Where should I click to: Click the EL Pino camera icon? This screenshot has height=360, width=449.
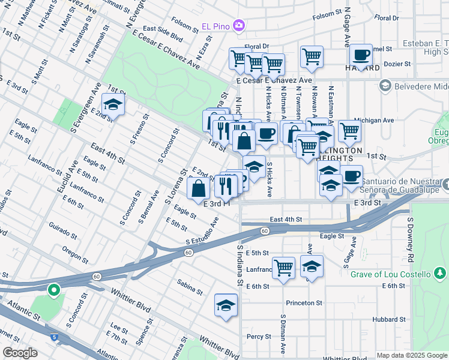[239, 26]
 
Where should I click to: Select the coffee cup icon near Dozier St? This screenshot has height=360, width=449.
[361, 55]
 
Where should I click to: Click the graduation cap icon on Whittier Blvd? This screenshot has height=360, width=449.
[226, 305]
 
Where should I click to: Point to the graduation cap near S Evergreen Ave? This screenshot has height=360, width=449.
[113, 104]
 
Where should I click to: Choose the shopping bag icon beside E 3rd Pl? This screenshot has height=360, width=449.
[198, 188]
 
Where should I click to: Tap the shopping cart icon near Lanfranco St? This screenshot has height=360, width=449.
[283, 267]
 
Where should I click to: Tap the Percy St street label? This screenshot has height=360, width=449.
[259, 337]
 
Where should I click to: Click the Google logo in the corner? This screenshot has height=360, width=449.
[20, 353]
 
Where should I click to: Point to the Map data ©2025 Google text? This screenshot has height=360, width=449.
[411, 355]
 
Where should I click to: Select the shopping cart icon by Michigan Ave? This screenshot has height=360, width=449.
[349, 131]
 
